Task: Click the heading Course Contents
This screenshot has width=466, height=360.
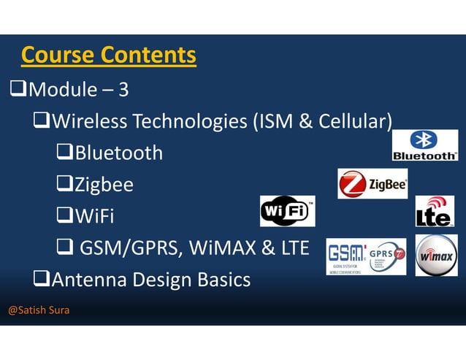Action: click(108, 55)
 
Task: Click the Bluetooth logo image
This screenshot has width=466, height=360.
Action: click(424, 145)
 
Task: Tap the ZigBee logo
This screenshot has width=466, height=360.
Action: click(373, 183)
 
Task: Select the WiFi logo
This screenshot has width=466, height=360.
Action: click(288, 211)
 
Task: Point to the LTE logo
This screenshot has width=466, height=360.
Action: click(434, 212)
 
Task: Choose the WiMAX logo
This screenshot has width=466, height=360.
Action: click(436, 256)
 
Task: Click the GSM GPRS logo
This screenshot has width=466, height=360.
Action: click(366, 257)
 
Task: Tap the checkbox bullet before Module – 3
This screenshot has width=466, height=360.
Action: click(18, 90)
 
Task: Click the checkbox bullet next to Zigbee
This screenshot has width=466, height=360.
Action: click(64, 185)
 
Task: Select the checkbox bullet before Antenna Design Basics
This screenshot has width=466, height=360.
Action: click(42, 279)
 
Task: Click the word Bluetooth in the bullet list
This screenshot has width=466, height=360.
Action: click(118, 153)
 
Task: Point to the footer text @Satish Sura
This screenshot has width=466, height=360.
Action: click(39, 310)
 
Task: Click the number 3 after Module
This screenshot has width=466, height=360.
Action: click(123, 91)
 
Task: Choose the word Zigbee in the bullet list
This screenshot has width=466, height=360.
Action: click(104, 185)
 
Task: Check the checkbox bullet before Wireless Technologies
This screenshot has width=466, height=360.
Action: click(42, 121)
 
